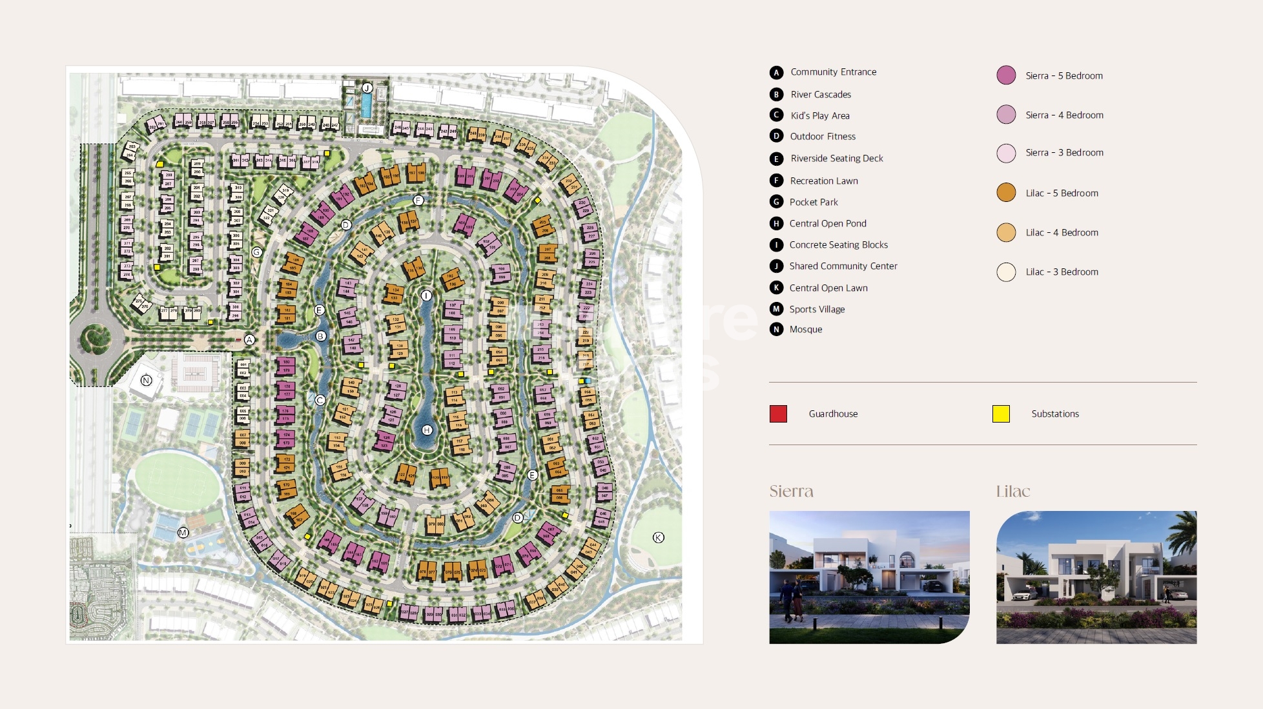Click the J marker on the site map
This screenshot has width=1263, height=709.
[x=367, y=88]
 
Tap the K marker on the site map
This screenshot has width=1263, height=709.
[x=658, y=537]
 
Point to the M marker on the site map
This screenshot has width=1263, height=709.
[x=183, y=533]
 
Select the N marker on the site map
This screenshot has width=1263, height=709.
[x=146, y=380]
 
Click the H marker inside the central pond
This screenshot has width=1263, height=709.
[x=427, y=430]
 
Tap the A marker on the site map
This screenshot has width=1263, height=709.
[x=249, y=339]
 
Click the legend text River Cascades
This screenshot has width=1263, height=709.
[x=821, y=94]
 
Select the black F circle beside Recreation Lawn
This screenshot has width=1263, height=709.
[x=776, y=181]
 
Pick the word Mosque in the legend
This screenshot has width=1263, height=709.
[x=806, y=329]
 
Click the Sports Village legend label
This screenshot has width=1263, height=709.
[x=817, y=309]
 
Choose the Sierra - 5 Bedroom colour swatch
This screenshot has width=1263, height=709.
[x=1006, y=75]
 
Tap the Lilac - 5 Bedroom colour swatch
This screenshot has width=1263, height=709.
[x=1006, y=193]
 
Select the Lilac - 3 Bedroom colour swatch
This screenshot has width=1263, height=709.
[x=1006, y=272]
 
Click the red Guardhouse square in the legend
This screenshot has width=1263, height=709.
[x=778, y=414]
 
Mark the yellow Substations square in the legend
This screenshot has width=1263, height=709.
[x=1001, y=414]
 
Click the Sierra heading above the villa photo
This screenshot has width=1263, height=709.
[x=791, y=492]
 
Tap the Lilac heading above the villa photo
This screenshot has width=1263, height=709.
[x=1012, y=492]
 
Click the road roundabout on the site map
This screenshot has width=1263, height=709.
[x=96, y=337]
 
